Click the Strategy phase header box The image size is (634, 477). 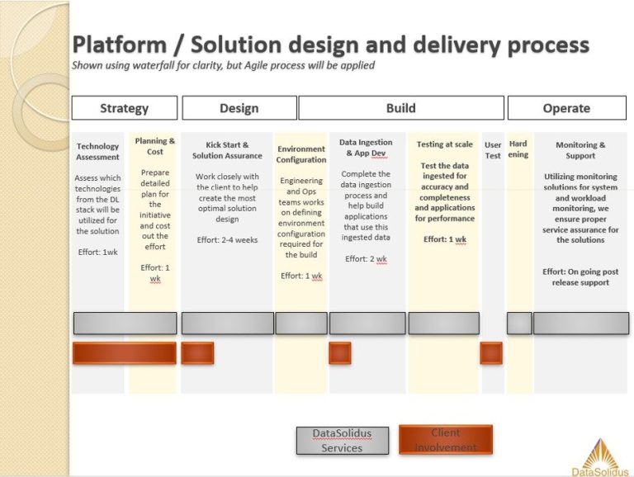tap(125, 108)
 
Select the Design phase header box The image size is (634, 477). tap(239, 108)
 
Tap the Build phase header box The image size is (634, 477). tap(401, 108)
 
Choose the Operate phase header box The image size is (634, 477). tap(567, 108)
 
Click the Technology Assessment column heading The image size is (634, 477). tap(98, 152)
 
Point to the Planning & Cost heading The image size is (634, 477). tap(155, 146)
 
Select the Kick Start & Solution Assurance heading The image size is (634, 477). tap(227, 150)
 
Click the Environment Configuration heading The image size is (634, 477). tap(301, 154)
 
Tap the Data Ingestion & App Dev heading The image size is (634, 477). tap(366, 148)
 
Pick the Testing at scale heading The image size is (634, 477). tap(445, 144)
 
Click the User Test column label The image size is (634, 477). tap(493, 150)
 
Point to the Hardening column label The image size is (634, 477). tap(518, 149)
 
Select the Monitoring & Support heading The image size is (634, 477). tap(580, 150)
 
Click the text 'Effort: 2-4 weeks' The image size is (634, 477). tap(227, 239)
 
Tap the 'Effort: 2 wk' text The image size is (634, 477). tap(366, 258)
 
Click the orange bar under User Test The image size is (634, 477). tap(492, 353)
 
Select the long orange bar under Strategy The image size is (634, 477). tap(125, 353)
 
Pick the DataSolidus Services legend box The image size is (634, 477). tap(343, 441)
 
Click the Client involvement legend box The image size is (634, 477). tap(446, 439)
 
